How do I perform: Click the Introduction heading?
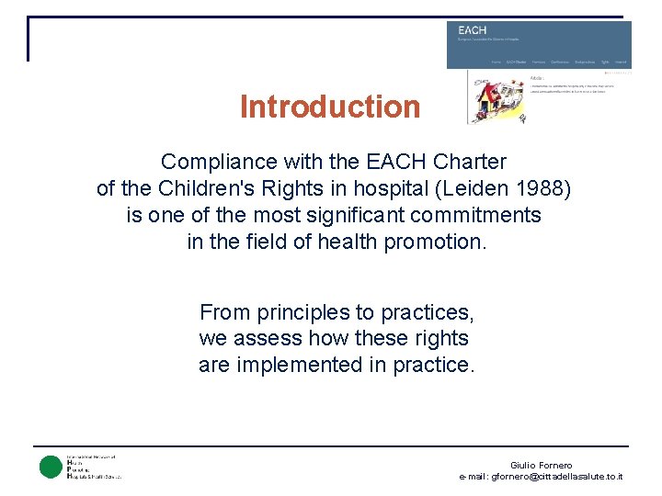[329, 107]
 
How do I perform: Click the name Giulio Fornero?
[541, 466]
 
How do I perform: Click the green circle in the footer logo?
[50, 467]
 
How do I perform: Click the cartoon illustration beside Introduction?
[496, 100]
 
